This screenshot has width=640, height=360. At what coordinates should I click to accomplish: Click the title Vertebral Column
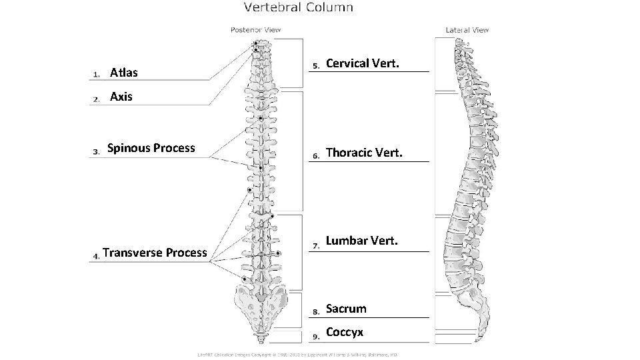298,8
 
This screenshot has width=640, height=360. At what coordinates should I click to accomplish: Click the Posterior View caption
255,29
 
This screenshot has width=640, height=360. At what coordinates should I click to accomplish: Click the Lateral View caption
467,30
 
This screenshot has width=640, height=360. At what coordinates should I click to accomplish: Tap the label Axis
121,97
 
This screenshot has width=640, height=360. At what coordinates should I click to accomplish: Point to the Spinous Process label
151,148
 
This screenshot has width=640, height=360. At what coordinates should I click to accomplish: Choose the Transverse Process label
155,253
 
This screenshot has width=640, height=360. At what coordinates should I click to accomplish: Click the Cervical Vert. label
363,63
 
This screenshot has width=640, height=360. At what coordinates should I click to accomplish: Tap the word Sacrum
346,309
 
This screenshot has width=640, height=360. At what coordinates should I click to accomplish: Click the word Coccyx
345,332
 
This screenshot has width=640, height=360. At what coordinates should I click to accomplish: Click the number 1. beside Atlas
96,73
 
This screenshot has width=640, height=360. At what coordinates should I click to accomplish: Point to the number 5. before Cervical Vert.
317,65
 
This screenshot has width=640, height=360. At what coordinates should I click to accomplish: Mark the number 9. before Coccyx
317,335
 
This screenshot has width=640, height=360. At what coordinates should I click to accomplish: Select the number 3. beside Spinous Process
95,151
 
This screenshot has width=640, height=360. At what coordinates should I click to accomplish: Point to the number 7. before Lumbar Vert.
317,245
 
